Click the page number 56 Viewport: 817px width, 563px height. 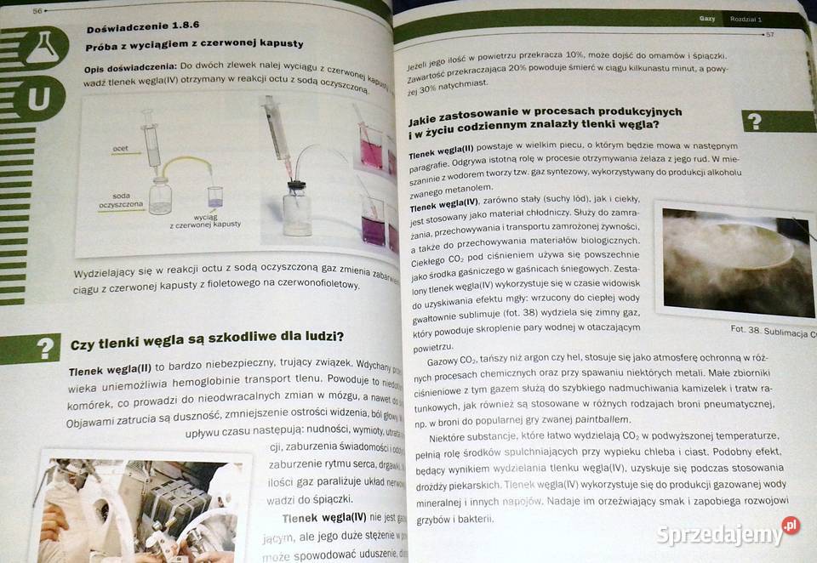click(x=37, y=10)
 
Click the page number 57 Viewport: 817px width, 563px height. click(x=768, y=35)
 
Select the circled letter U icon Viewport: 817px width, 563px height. click(x=39, y=99)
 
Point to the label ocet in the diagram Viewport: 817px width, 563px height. click(x=120, y=149)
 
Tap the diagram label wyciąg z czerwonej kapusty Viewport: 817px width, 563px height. click(x=205, y=220)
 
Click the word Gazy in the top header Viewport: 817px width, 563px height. click(x=706, y=18)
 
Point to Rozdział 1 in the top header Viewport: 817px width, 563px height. click(x=750, y=19)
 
